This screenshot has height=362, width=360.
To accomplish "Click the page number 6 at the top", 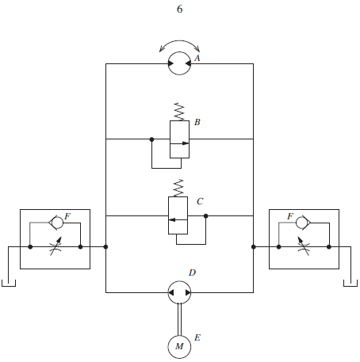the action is tap(179, 10).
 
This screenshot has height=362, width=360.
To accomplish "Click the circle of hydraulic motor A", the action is tap(179, 52).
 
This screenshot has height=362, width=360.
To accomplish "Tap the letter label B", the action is tap(197, 122).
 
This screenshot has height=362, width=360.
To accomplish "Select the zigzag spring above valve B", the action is tap(179, 112).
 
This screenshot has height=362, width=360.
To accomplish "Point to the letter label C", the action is tap(200, 201).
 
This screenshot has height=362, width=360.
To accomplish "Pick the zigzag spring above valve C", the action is tap(178, 188).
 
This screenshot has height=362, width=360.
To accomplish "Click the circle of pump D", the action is tap(179, 281).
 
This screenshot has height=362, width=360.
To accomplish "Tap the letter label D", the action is tap(192, 272).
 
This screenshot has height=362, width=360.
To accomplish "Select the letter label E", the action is tap(197, 337).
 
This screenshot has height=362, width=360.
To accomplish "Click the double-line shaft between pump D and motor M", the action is tap(179, 319).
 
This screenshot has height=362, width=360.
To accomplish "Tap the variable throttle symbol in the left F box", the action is tap(56, 246).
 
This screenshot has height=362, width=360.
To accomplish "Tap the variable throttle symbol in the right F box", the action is tap(304, 246).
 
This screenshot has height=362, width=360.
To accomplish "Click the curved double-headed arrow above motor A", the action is tap(179, 40).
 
